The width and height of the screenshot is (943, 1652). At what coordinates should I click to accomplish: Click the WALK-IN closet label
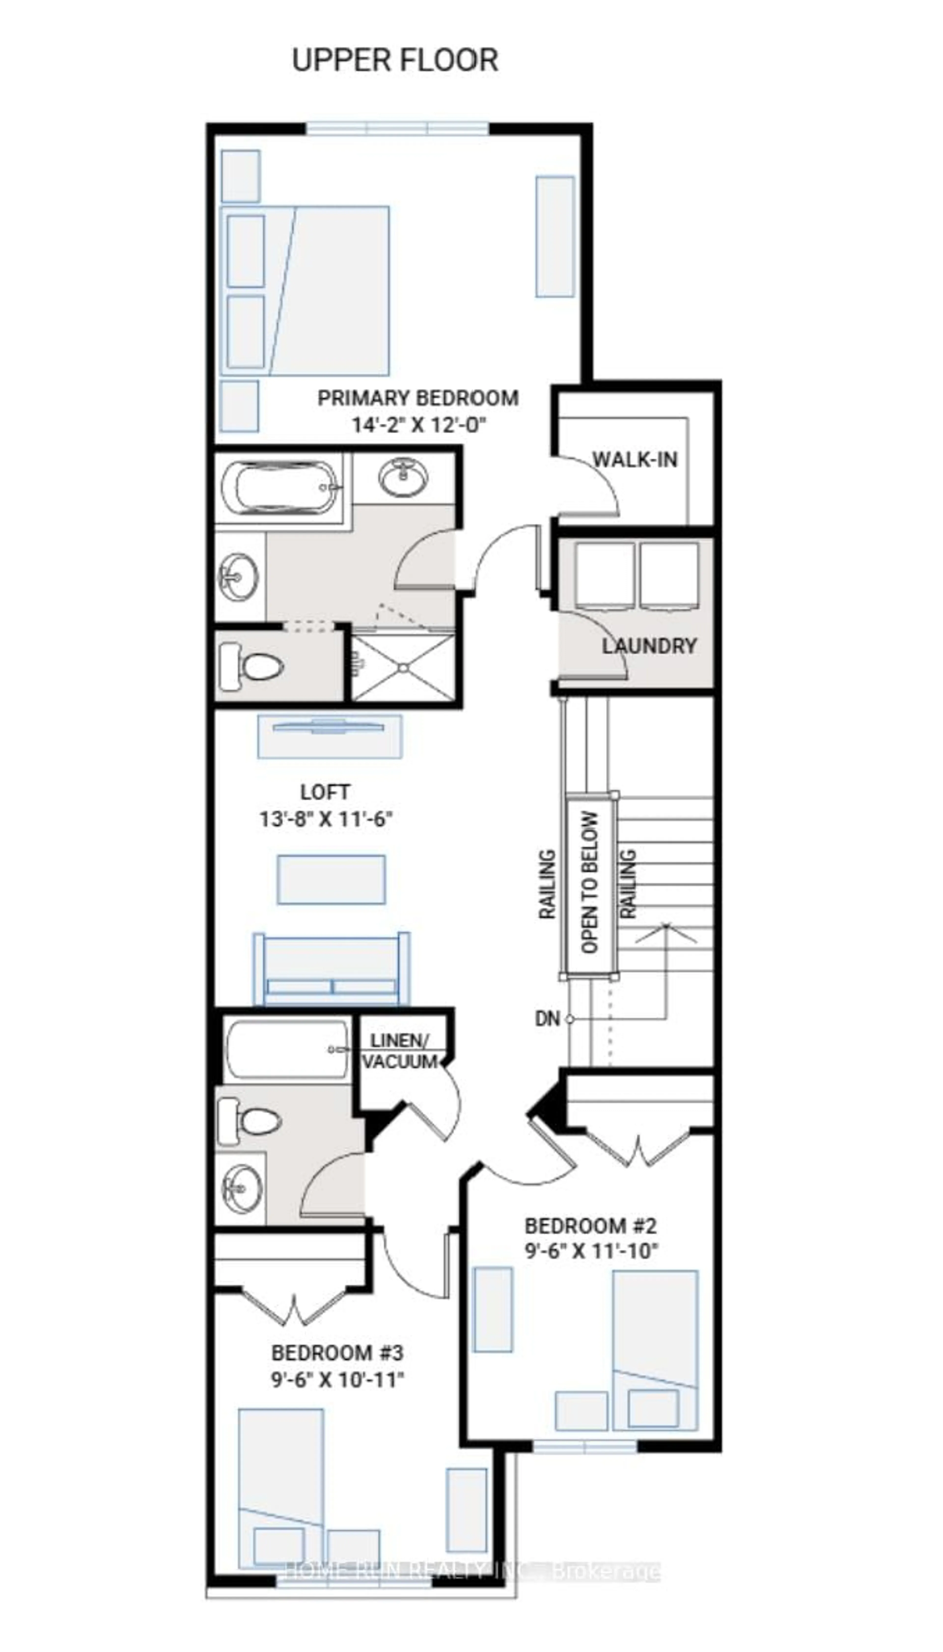(x=635, y=460)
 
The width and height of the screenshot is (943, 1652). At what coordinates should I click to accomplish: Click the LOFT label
(x=325, y=792)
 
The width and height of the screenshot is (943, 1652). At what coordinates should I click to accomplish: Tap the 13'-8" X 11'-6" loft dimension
(x=326, y=819)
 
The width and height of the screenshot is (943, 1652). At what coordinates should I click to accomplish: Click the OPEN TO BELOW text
(x=589, y=882)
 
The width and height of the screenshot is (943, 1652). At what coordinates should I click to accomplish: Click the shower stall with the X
(x=403, y=667)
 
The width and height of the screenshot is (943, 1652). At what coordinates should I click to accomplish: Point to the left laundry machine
(x=604, y=575)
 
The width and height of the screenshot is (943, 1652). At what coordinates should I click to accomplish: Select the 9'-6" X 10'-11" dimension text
(x=337, y=1379)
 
